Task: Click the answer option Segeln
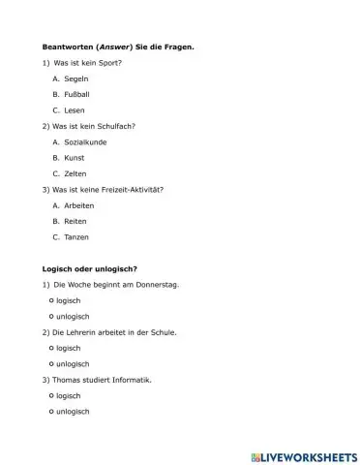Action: (75, 78)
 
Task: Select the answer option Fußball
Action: (76, 94)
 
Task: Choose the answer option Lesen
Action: (75, 110)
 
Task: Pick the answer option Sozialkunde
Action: (84, 141)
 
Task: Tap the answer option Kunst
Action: (74, 157)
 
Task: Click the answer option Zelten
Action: (75, 173)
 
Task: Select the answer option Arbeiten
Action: (78, 204)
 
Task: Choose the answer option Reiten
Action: (75, 220)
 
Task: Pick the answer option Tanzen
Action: (75, 236)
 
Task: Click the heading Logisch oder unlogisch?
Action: (89, 268)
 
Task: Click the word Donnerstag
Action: (157, 285)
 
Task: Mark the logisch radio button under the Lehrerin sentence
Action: (50, 348)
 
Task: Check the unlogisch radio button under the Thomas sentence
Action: (50, 412)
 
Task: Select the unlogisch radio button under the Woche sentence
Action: (50, 316)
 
